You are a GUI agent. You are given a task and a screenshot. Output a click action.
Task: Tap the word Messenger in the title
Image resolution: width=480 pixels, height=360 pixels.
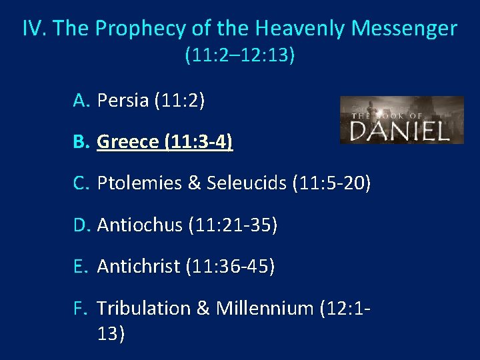pos(404,29)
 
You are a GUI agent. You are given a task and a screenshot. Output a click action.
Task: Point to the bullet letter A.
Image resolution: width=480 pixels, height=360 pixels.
pos(81,101)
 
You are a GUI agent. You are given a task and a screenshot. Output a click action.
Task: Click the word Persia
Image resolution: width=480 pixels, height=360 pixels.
pos(123,101)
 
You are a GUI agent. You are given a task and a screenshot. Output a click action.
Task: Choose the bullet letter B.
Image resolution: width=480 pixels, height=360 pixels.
pos(81,142)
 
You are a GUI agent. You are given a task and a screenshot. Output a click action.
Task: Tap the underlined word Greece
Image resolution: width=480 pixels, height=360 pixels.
pos(127,142)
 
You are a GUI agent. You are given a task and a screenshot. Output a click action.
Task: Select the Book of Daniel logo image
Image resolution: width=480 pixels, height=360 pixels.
pos(401,120)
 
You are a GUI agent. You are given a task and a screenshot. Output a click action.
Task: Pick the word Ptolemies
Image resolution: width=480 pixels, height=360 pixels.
pos(139,184)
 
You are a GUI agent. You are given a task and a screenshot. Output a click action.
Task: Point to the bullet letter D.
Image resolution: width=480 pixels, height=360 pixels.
pos(81,225)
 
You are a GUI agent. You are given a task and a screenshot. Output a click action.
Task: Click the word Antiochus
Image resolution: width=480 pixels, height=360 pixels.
pos(139,225)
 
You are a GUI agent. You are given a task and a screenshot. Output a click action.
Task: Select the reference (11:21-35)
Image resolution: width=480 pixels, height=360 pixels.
pos(233,225)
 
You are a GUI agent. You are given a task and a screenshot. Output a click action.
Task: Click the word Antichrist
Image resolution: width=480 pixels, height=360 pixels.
pos(139,267)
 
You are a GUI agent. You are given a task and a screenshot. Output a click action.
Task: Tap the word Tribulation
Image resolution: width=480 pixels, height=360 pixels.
pos(143,308)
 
